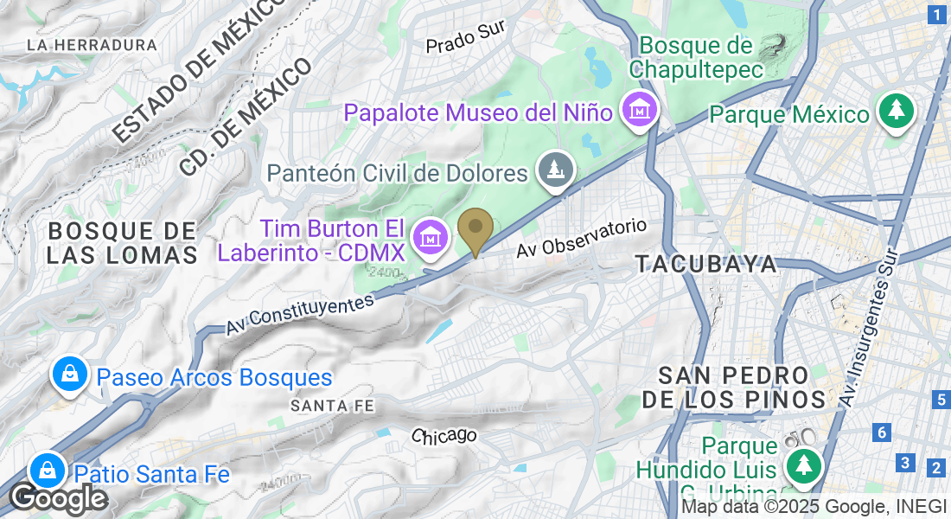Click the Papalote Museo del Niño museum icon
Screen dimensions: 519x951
tap(641, 110)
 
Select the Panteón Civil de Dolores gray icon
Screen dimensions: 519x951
tap(555, 170)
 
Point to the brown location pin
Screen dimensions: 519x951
tap(475, 229)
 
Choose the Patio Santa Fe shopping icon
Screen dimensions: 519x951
tap(46, 471)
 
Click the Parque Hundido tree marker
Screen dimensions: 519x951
tap(804, 466)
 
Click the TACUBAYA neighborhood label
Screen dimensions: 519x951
tap(706, 265)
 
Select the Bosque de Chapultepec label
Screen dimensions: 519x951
tap(697, 56)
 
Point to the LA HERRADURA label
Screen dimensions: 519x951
tap(92, 45)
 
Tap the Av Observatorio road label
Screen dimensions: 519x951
tap(582, 238)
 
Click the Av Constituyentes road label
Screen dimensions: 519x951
tap(300, 314)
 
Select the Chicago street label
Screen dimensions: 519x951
tap(444, 435)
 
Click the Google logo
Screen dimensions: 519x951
tap(58, 499)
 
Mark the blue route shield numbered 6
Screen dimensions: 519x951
tap(881, 432)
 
